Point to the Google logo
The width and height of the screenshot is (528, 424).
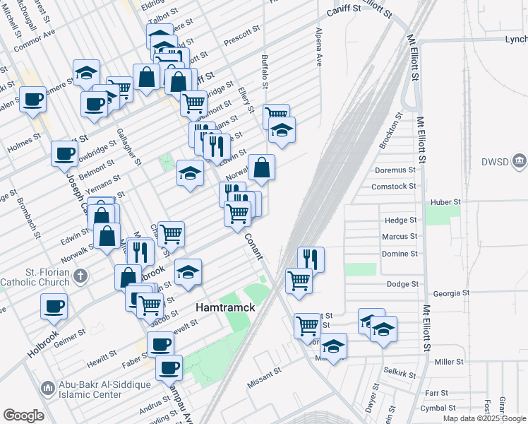tap(23, 416)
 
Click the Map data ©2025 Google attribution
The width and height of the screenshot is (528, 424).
tap(485, 418)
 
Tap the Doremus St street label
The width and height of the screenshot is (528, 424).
tap(395, 170)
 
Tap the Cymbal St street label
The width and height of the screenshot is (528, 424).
tap(433, 408)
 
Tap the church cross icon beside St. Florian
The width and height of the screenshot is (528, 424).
tap(81, 274)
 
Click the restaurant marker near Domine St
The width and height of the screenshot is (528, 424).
tap(311, 259)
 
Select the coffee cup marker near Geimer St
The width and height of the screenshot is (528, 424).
tap(54, 307)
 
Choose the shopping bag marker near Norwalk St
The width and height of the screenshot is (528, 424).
tap(261, 167)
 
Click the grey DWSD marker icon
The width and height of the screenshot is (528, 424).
tap(520, 163)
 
